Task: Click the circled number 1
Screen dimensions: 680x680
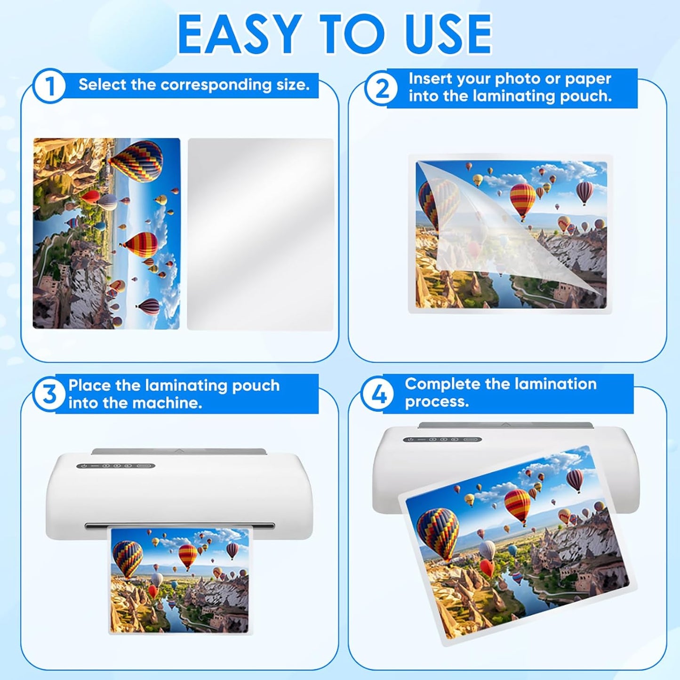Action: click(x=49, y=86)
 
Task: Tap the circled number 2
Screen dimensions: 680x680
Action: click(x=381, y=88)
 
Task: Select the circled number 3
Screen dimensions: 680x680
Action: click(x=49, y=394)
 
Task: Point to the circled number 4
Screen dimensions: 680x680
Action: click(x=378, y=394)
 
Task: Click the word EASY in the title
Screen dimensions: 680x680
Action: click(x=239, y=34)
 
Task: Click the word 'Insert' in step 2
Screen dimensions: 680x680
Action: click(x=430, y=79)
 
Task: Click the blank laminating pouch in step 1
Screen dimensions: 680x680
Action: click(x=260, y=234)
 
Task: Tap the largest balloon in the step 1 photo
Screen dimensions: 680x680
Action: click(x=136, y=161)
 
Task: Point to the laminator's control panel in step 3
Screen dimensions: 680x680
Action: click(x=116, y=466)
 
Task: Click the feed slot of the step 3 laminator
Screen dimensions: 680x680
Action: click(x=179, y=525)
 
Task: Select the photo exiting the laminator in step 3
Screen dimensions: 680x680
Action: click(x=179, y=581)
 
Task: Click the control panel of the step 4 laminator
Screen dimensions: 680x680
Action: click(x=442, y=440)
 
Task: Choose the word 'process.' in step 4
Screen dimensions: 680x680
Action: click(x=437, y=402)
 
